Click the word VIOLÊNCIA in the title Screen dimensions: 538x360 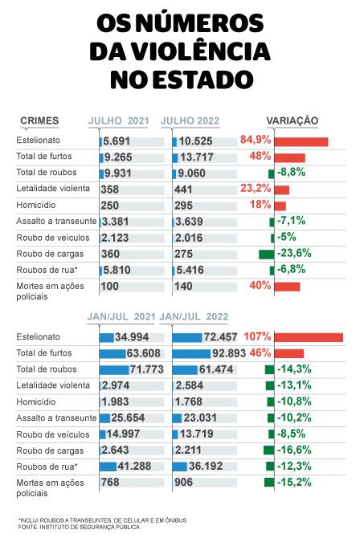pos(201,52)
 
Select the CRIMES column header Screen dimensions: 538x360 pos(39,120)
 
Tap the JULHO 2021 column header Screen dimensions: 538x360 pos(119,120)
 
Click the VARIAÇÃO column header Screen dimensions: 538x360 pos(292,120)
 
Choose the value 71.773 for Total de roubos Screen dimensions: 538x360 pos(147,369)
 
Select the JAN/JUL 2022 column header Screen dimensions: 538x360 pos(196,316)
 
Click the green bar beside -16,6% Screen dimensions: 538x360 pos(268,450)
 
